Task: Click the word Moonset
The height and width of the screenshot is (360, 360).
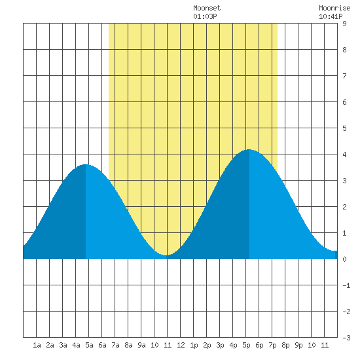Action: tap(207, 8)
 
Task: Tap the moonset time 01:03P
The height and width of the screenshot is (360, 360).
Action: tap(205, 16)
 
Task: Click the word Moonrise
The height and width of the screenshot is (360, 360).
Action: tap(334, 8)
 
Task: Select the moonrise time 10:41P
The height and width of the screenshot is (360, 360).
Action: tap(331, 16)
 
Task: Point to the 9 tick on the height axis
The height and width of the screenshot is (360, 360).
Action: tap(344, 24)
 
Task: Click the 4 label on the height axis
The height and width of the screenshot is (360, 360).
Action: tap(344, 154)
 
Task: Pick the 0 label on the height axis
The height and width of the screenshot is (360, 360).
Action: tap(344, 259)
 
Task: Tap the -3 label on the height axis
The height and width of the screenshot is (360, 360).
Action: tap(346, 338)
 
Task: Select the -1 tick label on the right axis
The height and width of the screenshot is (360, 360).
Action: tap(346, 285)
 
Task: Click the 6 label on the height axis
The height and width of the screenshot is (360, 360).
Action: tap(344, 102)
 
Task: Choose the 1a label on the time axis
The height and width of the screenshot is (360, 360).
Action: tap(37, 345)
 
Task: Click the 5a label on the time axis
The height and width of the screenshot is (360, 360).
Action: tap(89, 345)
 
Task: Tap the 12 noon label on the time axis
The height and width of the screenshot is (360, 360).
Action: tap(181, 345)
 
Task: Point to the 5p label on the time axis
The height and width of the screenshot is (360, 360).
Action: tap(246, 345)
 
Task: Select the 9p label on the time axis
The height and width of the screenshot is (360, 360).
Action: tap(298, 345)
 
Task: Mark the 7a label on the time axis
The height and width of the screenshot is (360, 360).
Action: tap(115, 345)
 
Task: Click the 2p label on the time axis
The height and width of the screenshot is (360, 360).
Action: tap(207, 345)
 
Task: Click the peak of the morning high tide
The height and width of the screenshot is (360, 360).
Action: tap(85, 164)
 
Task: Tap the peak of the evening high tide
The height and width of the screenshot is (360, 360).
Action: tap(249, 149)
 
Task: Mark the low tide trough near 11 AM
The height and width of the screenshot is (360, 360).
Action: tap(166, 255)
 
